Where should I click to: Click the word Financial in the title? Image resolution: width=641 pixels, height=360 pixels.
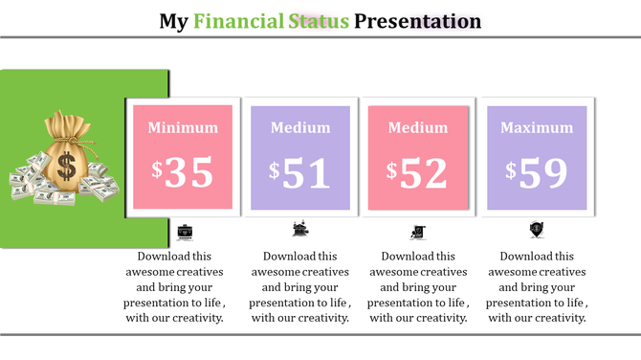(238, 20)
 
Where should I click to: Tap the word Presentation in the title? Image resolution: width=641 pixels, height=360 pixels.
(418, 20)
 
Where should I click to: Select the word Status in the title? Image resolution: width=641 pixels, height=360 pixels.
(319, 20)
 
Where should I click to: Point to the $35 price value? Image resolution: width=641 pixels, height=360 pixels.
(183, 171)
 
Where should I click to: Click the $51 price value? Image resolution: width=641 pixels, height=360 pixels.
(299, 172)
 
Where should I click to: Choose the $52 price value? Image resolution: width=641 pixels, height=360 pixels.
(417, 172)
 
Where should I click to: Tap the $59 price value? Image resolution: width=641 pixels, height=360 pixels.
(537, 172)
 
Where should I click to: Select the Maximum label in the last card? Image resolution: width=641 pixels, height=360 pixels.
(537, 127)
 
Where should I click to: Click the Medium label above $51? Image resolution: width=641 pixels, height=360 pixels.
(299, 127)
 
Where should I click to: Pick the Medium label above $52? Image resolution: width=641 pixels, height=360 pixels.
(418, 127)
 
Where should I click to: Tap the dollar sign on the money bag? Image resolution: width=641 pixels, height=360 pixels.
(66, 167)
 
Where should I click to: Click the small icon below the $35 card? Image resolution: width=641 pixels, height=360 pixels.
(185, 231)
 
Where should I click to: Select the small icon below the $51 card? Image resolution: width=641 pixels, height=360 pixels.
(300, 230)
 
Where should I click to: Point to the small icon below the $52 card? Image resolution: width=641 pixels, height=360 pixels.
(418, 231)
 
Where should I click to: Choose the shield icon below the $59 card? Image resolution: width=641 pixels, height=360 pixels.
(536, 230)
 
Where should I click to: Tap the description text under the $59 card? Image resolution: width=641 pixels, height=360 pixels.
(537, 286)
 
